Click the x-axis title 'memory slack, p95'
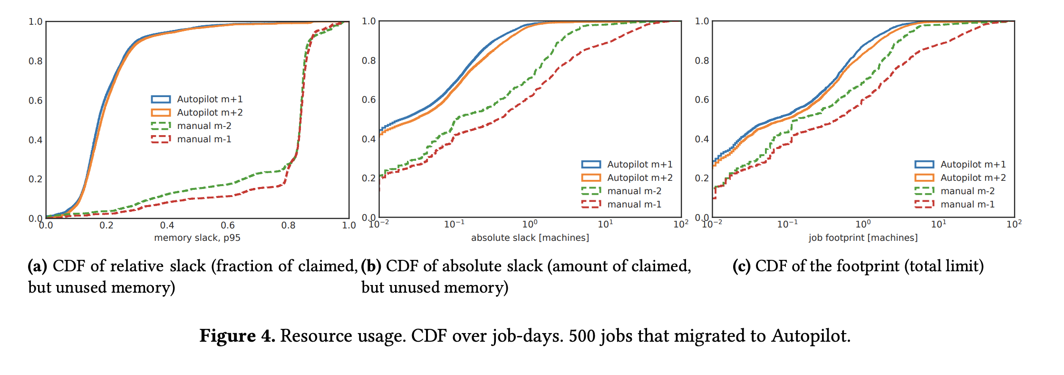(197, 237)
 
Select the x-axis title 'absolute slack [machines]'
(530, 237)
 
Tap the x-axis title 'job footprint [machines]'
(863, 237)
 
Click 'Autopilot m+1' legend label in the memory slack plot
(210, 99)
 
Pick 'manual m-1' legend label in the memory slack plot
(204, 139)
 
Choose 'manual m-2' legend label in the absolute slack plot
(634, 191)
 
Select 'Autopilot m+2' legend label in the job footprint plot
(973, 178)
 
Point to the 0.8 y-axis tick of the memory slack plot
(35, 61)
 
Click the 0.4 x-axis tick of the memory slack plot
(167, 225)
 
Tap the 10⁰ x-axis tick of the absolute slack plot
(530, 224)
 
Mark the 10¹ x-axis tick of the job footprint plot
(938, 224)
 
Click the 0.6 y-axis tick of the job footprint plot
(702, 100)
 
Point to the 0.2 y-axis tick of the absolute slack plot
(368, 178)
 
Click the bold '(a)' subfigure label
(38, 266)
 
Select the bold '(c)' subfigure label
(741, 266)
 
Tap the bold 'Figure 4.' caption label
(237, 336)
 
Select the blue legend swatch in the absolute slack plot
(591, 164)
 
